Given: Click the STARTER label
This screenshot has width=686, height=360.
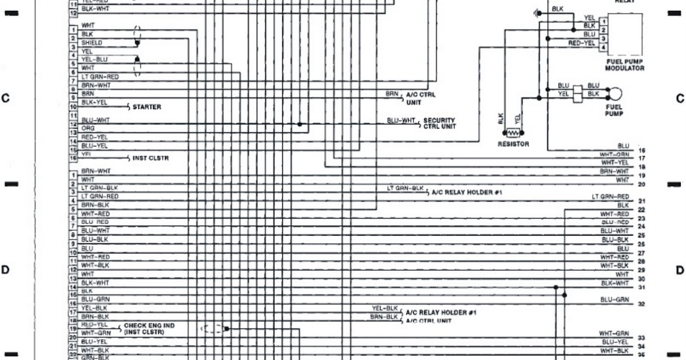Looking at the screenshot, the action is [x=147, y=107].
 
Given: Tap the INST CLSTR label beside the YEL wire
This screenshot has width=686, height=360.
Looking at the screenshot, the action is [x=150, y=158].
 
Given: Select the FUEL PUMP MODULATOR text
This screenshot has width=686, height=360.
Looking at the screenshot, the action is [x=624, y=64].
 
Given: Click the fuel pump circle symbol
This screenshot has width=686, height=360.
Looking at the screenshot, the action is [x=615, y=94].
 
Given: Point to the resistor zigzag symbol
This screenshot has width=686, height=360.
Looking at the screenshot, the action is [x=512, y=133].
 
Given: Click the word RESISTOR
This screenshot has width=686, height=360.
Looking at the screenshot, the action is [x=513, y=144].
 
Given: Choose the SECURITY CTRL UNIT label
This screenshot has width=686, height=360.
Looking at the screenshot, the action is [x=439, y=123].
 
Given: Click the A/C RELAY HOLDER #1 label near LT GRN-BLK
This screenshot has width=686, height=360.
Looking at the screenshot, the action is [x=466, y=192].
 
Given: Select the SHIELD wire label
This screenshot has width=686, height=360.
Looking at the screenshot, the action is [x=92, y=43].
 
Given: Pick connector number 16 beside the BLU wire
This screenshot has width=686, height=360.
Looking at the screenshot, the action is [x=642, y=150].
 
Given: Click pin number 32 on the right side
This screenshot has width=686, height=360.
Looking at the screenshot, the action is [x=641, y=305].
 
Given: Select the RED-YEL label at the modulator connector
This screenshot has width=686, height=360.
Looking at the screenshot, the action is [x=581, y=43].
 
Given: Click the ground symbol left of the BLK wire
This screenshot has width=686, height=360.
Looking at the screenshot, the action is [x=537, y=12].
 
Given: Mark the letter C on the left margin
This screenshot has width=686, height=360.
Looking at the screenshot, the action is [x=6, y=98].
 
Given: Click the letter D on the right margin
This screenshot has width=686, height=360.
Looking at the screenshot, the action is [x=680, y=270].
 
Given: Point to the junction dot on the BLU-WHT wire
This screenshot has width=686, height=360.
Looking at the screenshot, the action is [x=299, y=124].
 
